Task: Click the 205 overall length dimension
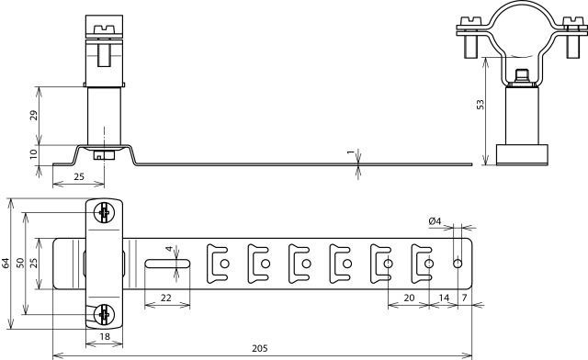click(x=259, y=348)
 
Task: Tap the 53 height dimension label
click(x=481, y=105)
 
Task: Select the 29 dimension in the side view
click(x=34, y=115)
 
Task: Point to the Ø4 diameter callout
click(x=435, y=221)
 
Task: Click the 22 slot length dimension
click(x=166, y=298)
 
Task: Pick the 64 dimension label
click(x=6, y=264)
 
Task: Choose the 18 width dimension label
click(x=105, y=336)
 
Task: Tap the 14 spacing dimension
click(x=444, y=298)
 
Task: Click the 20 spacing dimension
click(x=409, y=298)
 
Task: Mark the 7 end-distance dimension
click(x=464, y=298)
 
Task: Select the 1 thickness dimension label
click(x=351, y=152)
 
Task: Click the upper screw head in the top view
click(x=104, y=213)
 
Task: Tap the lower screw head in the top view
click(x=104, y=314)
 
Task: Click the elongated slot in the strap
click(x=167, y=264)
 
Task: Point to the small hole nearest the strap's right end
click(x=458, y=264)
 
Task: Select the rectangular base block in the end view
click(x=522, y=154)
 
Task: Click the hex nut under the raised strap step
click(x=104, y=154)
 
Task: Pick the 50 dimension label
click(x=21, y=263)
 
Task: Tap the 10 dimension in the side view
click(x=34, y=154)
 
